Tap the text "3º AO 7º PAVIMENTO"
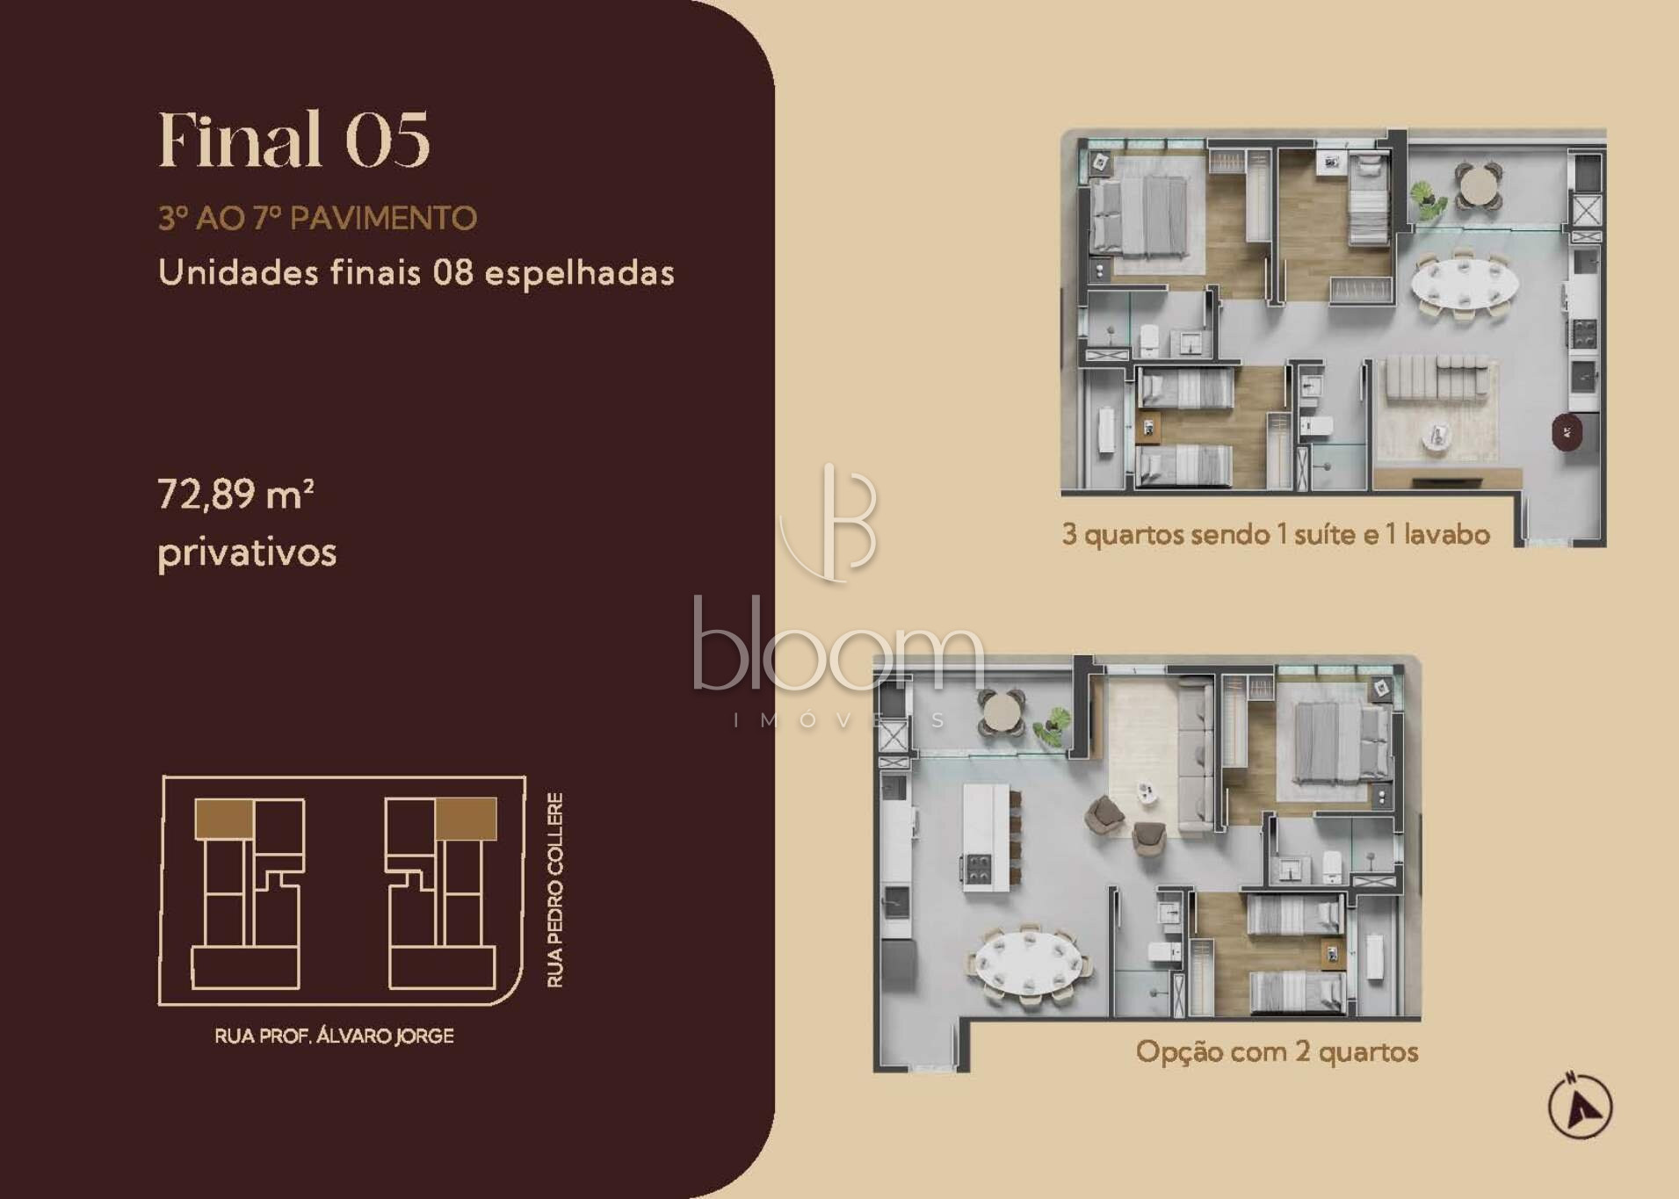(317, 218)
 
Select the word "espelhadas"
(580, 272)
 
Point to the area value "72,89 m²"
(236, 494)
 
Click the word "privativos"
(247, 553)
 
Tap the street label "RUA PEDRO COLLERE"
(555, 890)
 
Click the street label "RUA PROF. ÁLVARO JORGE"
(334, 1036)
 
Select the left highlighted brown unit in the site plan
(224, 818)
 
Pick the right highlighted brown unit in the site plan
(467, 819)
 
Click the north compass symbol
(1580, 1106)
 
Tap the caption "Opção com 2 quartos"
(1277, 1051)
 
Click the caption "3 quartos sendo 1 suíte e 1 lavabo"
(1276, 534)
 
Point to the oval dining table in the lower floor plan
(1028, 963)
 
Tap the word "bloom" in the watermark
(838, 646)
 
